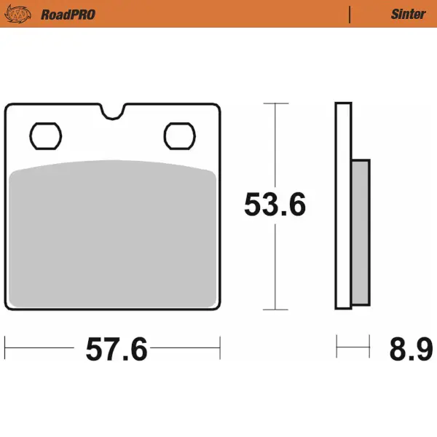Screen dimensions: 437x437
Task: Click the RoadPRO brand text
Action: [68, 14]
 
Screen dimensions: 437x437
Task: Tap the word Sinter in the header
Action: [408, 14]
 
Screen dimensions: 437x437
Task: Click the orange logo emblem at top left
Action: [20, 14]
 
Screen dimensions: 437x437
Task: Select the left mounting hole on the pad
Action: [46, 135]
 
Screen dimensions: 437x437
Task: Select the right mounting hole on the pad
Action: [179, 135]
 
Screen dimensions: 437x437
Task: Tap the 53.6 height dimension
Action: [275, 206]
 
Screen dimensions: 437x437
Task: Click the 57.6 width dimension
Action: [117, 350]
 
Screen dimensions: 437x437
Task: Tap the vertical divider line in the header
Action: [350, 14]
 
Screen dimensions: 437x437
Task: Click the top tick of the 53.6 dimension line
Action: [275, 103]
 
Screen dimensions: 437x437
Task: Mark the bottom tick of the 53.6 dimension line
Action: [275, 310]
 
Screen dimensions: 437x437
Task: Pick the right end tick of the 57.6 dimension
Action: [220, 347]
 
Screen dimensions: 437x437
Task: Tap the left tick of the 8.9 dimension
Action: [336, 347]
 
